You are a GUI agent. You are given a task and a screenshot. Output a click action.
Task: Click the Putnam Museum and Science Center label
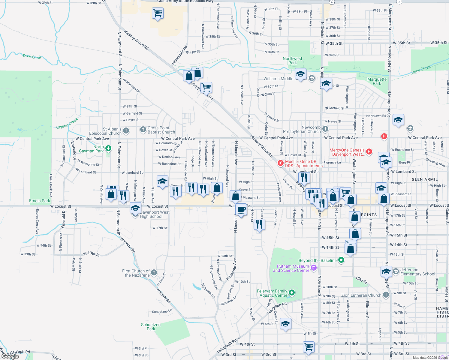tap(291, 268)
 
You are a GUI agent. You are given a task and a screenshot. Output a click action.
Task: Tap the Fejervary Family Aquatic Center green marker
tap(292, 292)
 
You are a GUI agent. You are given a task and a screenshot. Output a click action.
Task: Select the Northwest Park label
tap(292, 61)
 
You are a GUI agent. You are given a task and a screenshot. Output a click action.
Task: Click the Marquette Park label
tap(377, 81)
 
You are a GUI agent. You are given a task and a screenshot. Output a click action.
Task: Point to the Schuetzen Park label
tap(151, 327)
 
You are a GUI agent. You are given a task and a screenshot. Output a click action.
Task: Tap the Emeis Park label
tap(40, 201)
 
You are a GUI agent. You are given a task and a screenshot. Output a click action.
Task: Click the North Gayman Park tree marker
tap(108, 148)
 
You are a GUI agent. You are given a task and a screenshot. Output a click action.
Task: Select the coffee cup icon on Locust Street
tap(241, 209)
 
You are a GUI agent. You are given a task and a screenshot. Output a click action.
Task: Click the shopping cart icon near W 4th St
tap(309, 346)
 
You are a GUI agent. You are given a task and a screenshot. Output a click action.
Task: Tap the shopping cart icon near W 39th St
tap(158, 13)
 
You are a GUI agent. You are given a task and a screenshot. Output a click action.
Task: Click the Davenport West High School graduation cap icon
tap(135, 208)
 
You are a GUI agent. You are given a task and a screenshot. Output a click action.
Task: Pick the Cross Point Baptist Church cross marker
tap(143, 130)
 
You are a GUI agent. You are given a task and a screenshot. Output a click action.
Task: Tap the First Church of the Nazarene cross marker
tap(154, 272)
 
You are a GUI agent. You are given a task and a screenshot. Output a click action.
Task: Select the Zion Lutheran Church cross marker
tap(386, 295)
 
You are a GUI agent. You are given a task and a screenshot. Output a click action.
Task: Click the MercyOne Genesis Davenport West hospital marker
tap(369, 152)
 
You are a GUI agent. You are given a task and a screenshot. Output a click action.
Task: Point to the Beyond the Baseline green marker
tap(341, 260)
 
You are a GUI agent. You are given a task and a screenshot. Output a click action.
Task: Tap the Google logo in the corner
tap(10, 356)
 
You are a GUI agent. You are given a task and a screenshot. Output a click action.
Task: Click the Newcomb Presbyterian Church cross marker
tap(325, 129)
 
